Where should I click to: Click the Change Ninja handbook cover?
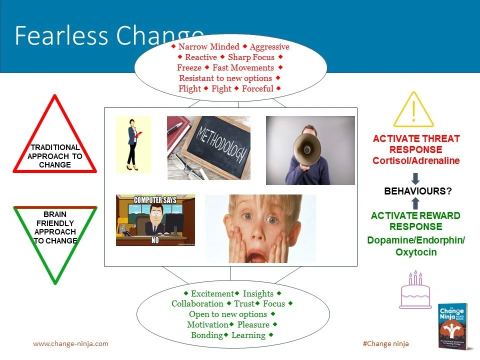click(x=451, y=324)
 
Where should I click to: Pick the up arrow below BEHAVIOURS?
click(x=415, y=203)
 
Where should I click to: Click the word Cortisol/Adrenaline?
click(x=415, y=160)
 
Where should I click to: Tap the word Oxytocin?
click(x=416, y=252)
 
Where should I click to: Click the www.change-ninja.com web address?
click(x=70, y=343)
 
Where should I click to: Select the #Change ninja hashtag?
click(x=385, y=343)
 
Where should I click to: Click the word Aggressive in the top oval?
click(x=269, y=46)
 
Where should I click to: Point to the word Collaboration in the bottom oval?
click(x=197, y=303)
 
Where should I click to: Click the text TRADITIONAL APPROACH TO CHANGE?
click(x=55, y=156)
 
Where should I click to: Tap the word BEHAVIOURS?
click(x=415, y=191)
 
